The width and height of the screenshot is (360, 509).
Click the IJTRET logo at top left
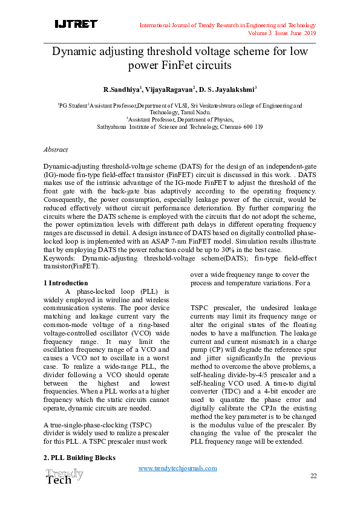tap(76, 24)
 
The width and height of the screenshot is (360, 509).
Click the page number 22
tap(313, 476)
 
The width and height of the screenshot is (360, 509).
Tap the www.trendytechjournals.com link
tap(177, 468)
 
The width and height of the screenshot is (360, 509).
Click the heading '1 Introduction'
tap(66, 283)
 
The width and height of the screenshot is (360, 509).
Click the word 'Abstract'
tap(56, 149)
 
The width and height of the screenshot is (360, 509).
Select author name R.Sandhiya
tap(122, 89)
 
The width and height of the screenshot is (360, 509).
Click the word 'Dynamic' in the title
tap(76, 52)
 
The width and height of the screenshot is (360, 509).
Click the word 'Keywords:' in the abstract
tap(60, 258)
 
